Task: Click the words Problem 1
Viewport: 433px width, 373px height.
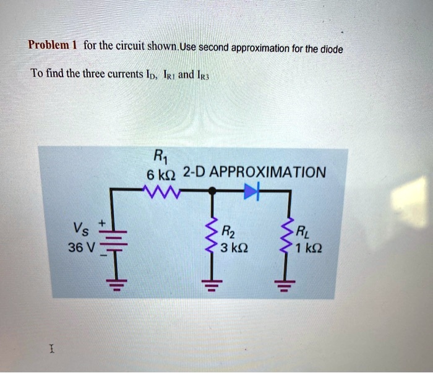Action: pos(52,45)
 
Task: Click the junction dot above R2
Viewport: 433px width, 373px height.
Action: pos(212,192)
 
